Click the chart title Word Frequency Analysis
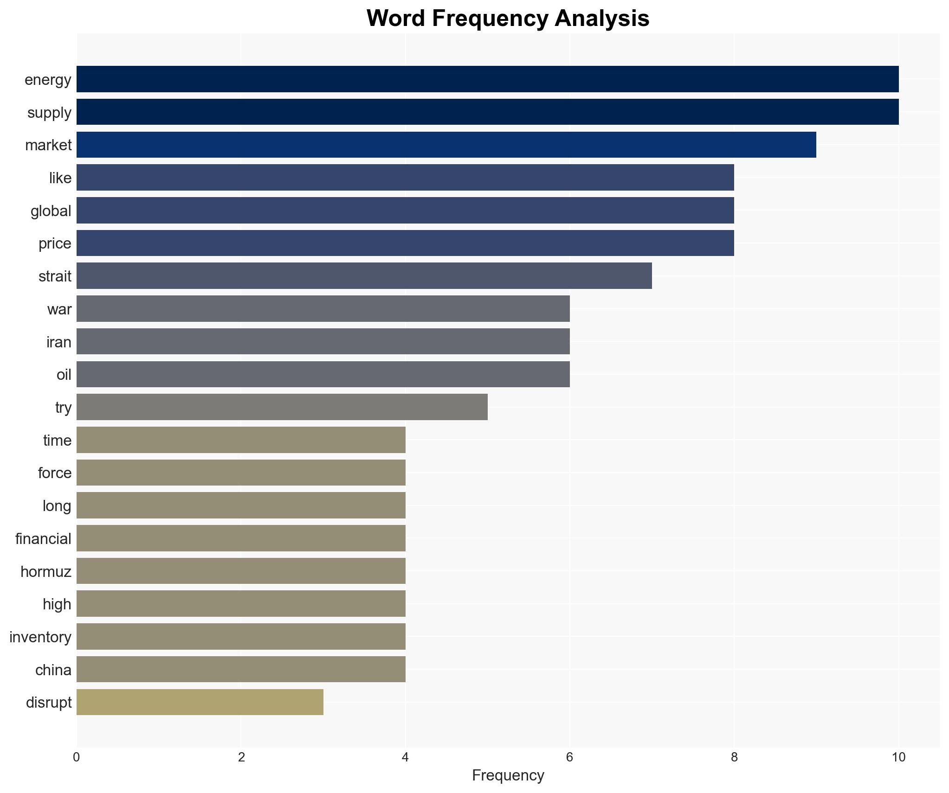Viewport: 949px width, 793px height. [x=508, y=19]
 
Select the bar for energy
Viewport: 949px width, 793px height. [x=487, y=79]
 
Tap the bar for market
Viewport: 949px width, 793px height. [x=446, y=145]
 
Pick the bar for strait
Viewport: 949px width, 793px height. [x=364, y=276]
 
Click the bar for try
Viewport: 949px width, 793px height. [x=282, y=407]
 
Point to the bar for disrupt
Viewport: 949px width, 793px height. [x=200, y=702]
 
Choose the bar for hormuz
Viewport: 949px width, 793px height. [x=241, y=571]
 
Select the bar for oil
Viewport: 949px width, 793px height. [x=323, y=374]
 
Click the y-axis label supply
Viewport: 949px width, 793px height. [x=49, y=112]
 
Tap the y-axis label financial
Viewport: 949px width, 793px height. [x=43, y=538]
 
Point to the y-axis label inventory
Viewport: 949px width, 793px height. [x=40, y=637]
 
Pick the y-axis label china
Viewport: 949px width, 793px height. [x=53, y=670]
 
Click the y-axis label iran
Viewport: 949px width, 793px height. [x=59, y=342]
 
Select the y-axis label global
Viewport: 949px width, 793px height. [x=51, y=211]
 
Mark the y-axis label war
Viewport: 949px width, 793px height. [x=59, y=309]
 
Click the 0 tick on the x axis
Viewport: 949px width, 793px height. [x=77, y=757]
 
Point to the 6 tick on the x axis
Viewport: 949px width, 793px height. [x=569, y=757]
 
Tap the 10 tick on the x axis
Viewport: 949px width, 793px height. [x=898, y=757]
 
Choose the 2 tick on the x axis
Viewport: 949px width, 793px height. [x=241, y=757]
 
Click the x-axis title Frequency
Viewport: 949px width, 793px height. [x=508, y=775]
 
